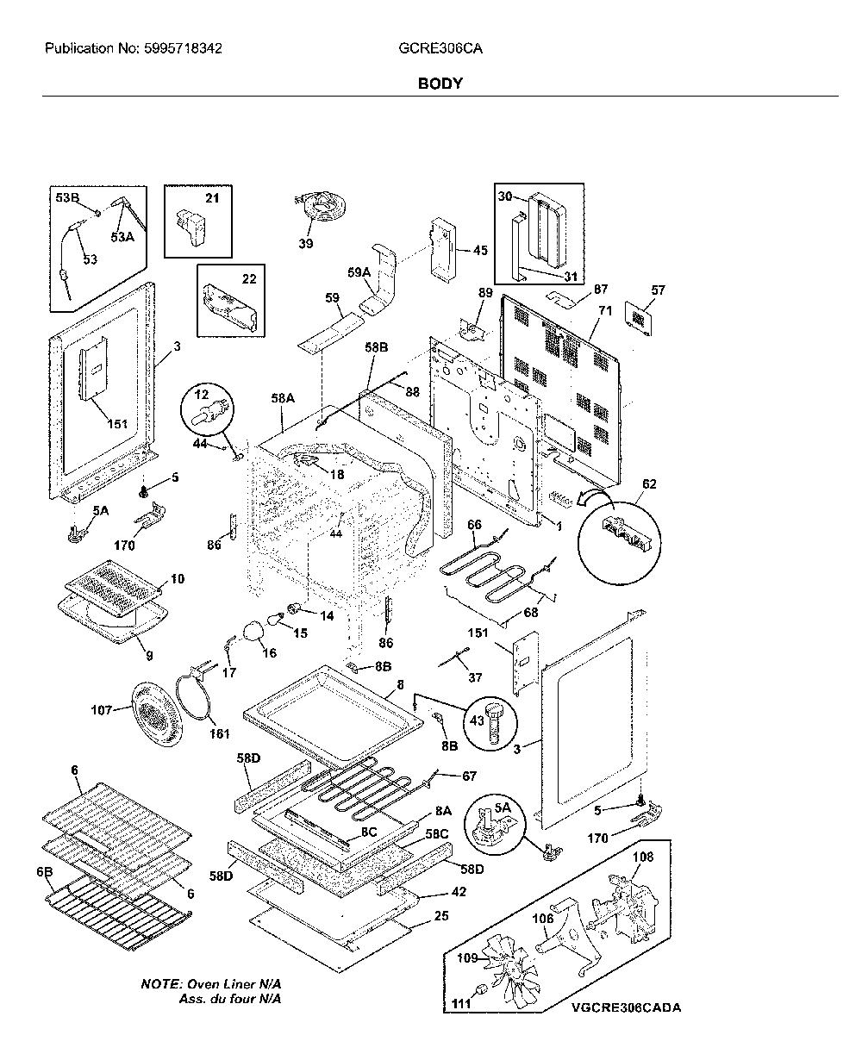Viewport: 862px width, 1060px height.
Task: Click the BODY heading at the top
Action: pos(440,83)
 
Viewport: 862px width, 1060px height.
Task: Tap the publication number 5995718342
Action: pos(183,48)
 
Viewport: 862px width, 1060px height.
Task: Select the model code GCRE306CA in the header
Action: pos(440,48)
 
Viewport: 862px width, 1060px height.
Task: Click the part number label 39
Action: pos(306,243)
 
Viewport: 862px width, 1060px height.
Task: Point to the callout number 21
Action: pos(212,198)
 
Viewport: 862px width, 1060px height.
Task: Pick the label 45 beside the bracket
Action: pos(480,250)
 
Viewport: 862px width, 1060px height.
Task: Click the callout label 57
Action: pos(658,290)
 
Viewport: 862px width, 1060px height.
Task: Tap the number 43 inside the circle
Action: pos(477,720)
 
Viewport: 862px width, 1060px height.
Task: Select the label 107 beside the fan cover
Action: pos(101,709)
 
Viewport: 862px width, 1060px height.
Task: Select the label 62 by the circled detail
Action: pos(649,483)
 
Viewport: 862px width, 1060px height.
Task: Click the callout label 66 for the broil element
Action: pos(474,525)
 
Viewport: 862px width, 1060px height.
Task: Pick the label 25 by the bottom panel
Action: pos(441,916)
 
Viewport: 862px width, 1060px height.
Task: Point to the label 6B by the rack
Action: pos(44,872)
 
